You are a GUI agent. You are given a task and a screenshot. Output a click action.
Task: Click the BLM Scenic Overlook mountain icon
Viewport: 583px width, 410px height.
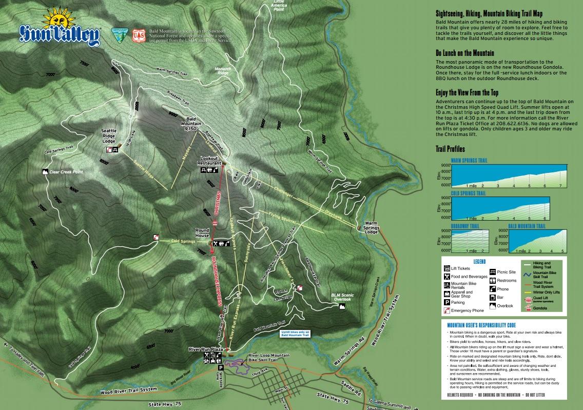tap(341, 306)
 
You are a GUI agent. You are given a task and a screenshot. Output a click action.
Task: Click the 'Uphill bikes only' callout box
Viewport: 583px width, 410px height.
tap(295, 334)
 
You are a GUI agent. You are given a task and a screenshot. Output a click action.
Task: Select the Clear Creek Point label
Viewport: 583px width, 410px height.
tap(66, 172)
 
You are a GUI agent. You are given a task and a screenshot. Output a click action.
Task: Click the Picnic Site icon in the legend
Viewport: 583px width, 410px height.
tap(493, 272)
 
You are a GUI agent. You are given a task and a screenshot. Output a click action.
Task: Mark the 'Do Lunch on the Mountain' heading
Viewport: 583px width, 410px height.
tap(464, 53)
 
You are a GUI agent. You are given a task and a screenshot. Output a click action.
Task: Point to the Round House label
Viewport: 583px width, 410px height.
tap(202, 234)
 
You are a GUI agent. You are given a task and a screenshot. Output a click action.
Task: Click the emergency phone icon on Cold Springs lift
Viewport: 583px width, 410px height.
tap(156, 237)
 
